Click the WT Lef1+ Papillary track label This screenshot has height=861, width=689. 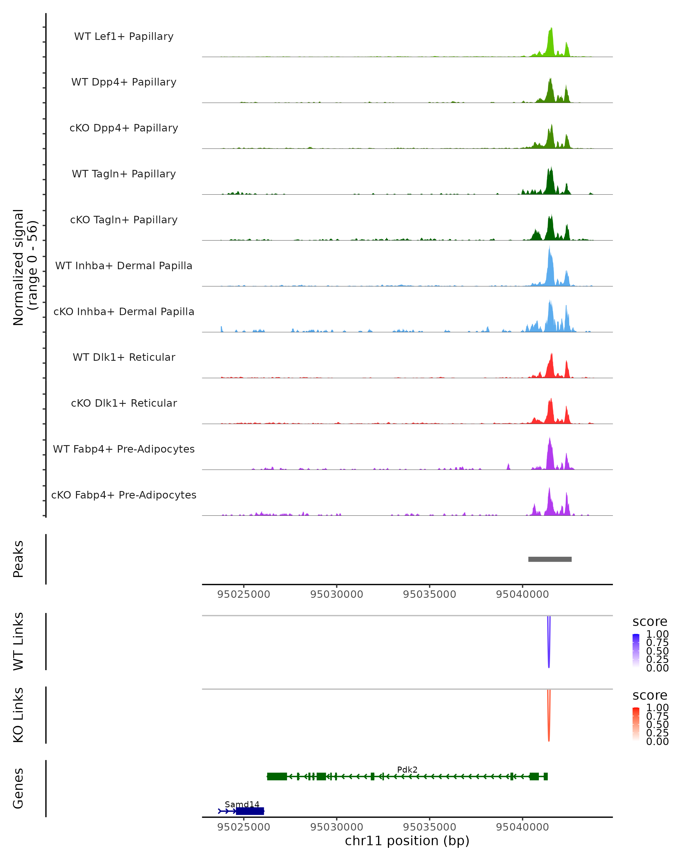pyautogui.click(x=124, y=36)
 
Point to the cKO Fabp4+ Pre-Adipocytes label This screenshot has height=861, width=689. pyautogui.click(x=124, y=495)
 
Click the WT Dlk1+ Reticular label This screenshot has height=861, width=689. pyautogui.click(x=124, y=357)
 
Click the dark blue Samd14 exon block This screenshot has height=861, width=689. pyautogui.click(x=250, y=811)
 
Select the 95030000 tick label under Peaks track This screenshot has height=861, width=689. pyautogui.click(x=337, y=594)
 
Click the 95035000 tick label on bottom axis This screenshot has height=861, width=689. pyautogui.click(x=429, y=827)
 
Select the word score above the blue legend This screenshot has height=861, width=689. pyautogui.click(x=650, y=622)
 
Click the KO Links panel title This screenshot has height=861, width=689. pyautogui.click(x=18, y=715)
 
